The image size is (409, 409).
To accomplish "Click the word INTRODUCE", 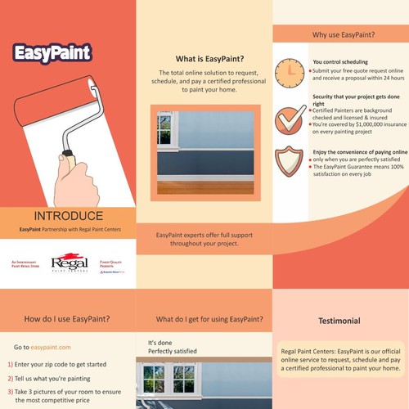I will [70, 217].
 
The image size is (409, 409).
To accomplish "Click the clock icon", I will [290, 72].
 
